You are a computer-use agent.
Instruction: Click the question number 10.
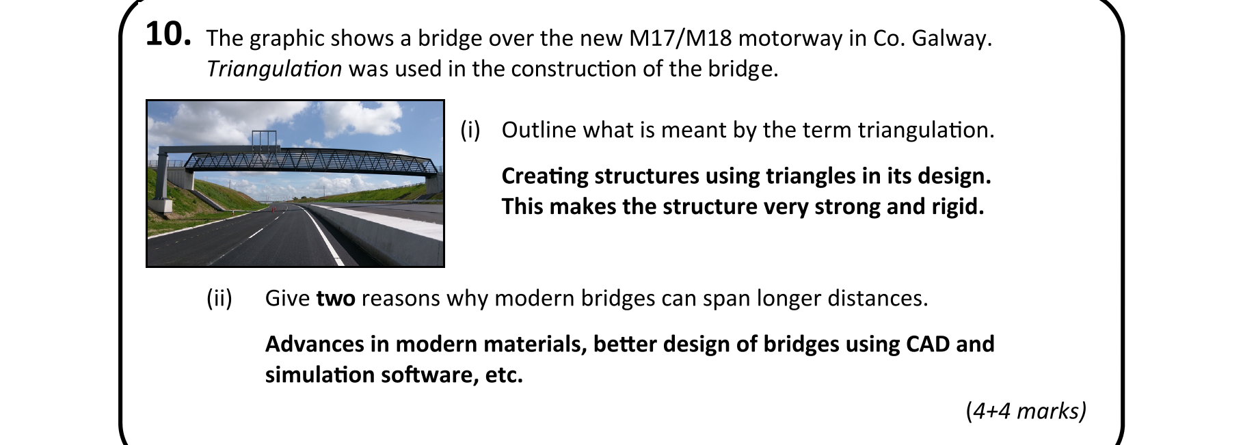point(168,34)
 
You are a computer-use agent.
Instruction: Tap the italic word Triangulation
point(274,69)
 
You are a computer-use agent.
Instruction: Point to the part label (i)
point(470,130)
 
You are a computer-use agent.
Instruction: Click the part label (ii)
point(219,299)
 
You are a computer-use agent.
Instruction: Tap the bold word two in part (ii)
point(336,299)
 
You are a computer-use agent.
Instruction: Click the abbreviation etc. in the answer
point(504,375)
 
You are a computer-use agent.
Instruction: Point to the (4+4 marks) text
point(1026,411)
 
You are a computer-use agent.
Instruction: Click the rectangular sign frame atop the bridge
point(265,141)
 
